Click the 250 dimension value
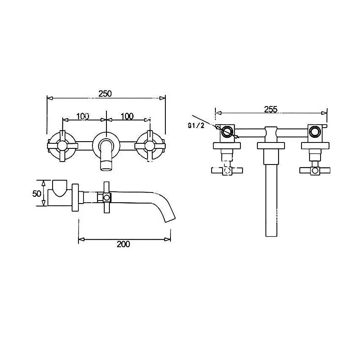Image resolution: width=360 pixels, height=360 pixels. point(105,94)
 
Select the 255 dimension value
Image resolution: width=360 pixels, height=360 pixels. point(271,109)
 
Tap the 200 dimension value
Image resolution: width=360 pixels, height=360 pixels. point(123,244)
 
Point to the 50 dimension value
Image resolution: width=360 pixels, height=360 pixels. point(37,193)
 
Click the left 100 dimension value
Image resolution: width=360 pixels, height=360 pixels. point(83,117)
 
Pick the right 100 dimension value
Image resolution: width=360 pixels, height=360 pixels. point(127,117)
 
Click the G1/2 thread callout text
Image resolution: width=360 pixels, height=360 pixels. point(196,126)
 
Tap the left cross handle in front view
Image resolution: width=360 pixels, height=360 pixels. point(62,146)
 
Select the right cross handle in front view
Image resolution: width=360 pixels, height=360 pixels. point(150,146)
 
